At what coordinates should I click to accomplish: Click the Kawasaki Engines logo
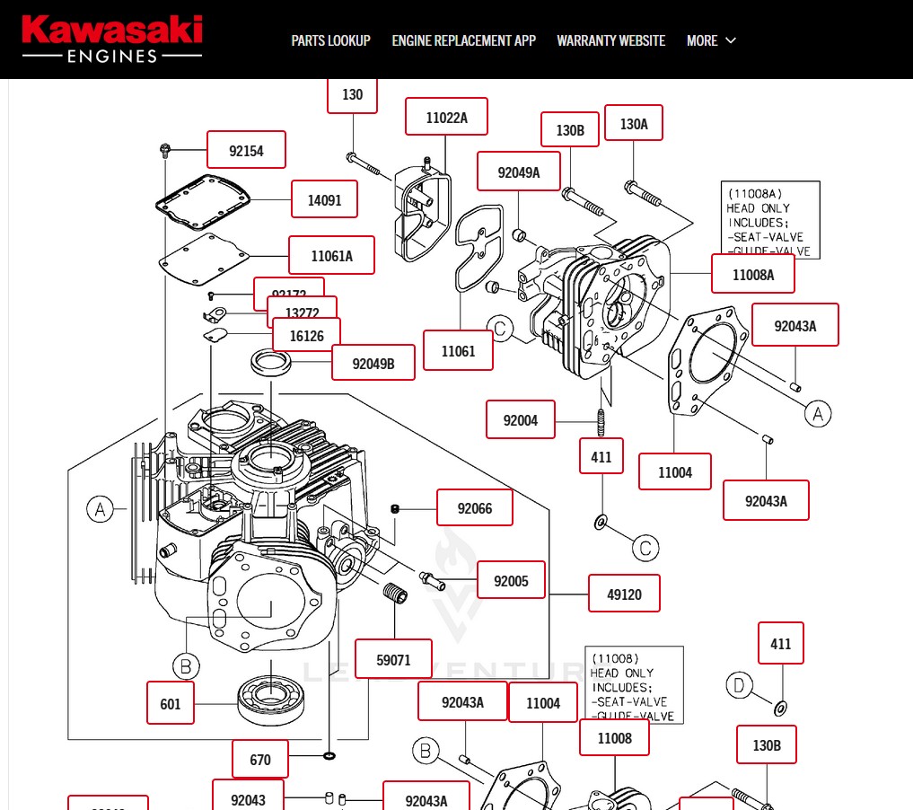[112, 40]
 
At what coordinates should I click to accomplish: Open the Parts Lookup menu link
[330, 40]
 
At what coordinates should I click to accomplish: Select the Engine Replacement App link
[463, 40]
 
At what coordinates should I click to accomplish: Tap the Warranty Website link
[610, 40]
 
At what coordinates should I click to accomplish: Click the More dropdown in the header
[711, 40]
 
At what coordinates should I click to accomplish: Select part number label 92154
[246, 150]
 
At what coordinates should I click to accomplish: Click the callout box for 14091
[324, 199]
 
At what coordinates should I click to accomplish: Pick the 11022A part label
[446, 117]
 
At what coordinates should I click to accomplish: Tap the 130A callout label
[634, 124]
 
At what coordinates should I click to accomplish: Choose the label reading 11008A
[753, 274]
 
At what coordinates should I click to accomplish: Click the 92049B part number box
[373, 363]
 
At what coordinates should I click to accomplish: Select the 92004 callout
[521, 419]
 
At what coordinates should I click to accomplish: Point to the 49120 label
[624, 594]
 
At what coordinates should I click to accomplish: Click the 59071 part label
[393, 659]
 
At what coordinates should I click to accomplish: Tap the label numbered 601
[171, 703]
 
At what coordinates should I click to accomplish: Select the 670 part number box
[260, 759]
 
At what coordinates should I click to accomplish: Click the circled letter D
[738, 686]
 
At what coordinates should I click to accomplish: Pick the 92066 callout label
[475, 508]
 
